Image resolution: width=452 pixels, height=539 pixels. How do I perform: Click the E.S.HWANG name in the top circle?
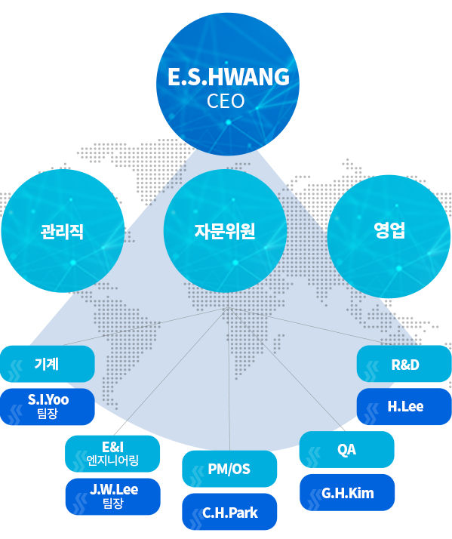(x=228, y=76)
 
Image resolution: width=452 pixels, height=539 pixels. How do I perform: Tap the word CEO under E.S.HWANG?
(x=226, y=101)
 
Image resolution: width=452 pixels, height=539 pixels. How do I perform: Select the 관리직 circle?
(x=63, y=231)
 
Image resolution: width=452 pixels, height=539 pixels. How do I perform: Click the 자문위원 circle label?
(x=225, y=231)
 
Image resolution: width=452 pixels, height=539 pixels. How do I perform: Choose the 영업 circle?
(x=389, y=236)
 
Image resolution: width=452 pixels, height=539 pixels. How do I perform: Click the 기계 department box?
(x=48, y=364)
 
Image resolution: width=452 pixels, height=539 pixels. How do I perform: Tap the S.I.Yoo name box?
(x=48, y=407)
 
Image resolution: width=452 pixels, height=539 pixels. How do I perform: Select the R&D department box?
(x=404, y=364)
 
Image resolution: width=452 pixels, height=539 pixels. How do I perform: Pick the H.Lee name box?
(x=404, y=406)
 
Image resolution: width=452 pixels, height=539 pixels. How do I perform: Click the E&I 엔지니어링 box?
(x=112, y=454)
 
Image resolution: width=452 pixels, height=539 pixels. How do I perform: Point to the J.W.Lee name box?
(x=112, y=497)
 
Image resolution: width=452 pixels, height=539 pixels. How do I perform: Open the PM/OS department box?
(x=229, y=469)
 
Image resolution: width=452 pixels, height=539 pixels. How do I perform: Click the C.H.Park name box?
(x=229, y=512)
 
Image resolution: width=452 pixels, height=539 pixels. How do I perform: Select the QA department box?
(x=347, y=449)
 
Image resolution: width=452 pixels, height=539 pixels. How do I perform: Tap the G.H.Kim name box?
(x=347, y=493)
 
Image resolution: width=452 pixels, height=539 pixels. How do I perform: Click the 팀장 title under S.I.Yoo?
(x=48, y=413)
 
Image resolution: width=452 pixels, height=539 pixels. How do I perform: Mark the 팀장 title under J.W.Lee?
(x=113, y=503)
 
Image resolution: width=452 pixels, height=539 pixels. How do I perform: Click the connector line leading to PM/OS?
(x=229, y=379)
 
